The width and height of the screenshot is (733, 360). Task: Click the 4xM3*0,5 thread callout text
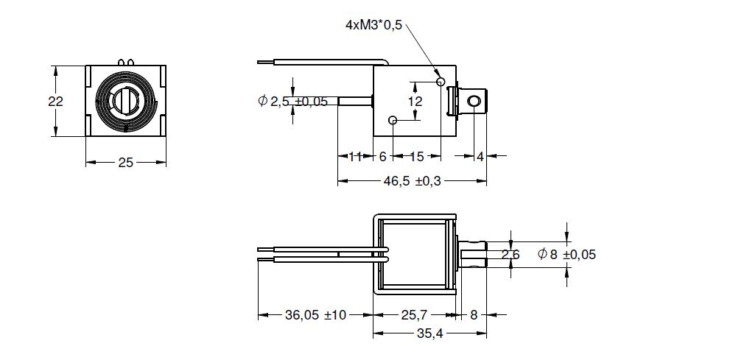pyautogui.click(x=373, y=25)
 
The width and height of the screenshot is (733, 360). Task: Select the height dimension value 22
pyautogui.click(x=56, y=102)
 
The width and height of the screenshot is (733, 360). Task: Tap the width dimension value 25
pyautogui.click(x=125, y=163)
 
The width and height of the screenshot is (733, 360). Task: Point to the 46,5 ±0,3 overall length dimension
pyautogui.click(x=412, y=181)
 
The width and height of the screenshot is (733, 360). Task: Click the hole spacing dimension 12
pyautogui.click(x=415, y=102)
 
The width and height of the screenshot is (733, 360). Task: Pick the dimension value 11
pyautogui.click(x=355, y=157)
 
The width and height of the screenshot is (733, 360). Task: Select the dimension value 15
pyautogui.click(x=416, y=157)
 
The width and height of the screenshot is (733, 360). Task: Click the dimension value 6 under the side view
pyautogui.click(x=383, y=157)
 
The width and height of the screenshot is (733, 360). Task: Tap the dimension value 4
pyautogui.click(x=480, y=157)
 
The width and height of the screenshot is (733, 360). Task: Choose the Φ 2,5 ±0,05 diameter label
pyautogui.click(x=292, y=101)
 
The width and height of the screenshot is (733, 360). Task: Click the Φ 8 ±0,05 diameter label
pyautogui.click(x=567, y=255)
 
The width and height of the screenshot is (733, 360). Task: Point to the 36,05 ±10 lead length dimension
pyautogui.click(x=315, y=315)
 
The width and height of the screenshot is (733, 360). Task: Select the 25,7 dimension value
pyautogui.click(x=414, y=315)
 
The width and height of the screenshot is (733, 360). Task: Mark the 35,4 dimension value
pyautogui.click(x=429, y=334)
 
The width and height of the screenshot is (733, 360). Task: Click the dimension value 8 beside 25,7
pyautogui.click(x=474, y=315)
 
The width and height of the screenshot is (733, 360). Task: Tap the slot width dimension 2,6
pyautogui.click(x=511, y=255)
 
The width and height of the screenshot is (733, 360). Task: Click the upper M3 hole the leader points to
pyautogui.click(x=440, y=82)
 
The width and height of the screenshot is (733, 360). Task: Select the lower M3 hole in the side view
pyautogui.click(x=393, y=121)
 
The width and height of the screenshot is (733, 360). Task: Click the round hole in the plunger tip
pyautogui.click(x=474, y=102)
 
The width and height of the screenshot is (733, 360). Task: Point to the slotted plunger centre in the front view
pyautogui.click(x=126, y=100)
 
